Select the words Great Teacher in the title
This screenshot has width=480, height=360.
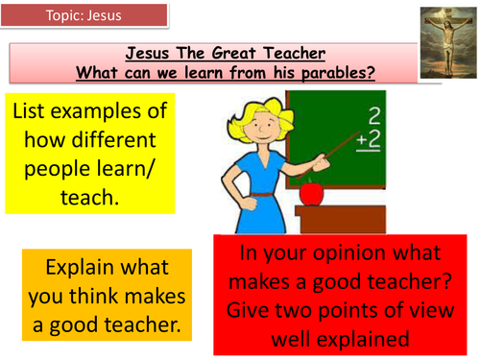[x=240, y=54]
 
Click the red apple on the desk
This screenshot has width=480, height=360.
[x=311, y=193]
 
